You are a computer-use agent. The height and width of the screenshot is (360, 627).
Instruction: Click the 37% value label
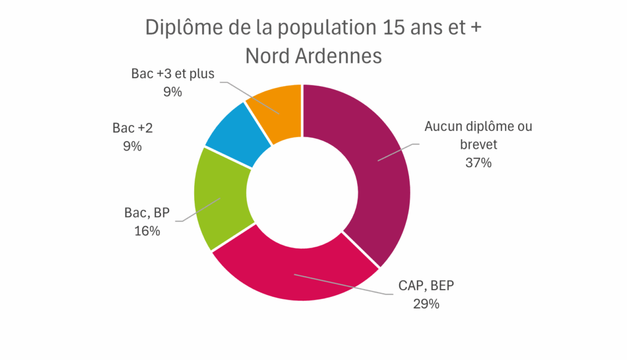point(479,163)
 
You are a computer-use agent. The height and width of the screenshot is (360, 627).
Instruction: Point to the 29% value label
point(426,304)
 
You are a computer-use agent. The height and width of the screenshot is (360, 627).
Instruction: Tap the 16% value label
point(147,231)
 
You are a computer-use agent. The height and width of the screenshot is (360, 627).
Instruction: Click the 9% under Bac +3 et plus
point(173,92)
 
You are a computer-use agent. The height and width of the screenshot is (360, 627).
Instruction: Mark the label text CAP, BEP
point(426,285)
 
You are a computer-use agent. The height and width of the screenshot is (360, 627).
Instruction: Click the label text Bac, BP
point(147,213)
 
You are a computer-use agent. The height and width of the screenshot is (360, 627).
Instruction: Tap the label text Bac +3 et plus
point(173,75)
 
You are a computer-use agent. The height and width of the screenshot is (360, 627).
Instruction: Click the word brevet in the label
point(479,145)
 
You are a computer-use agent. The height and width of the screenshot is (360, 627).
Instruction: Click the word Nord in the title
point(266,56)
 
